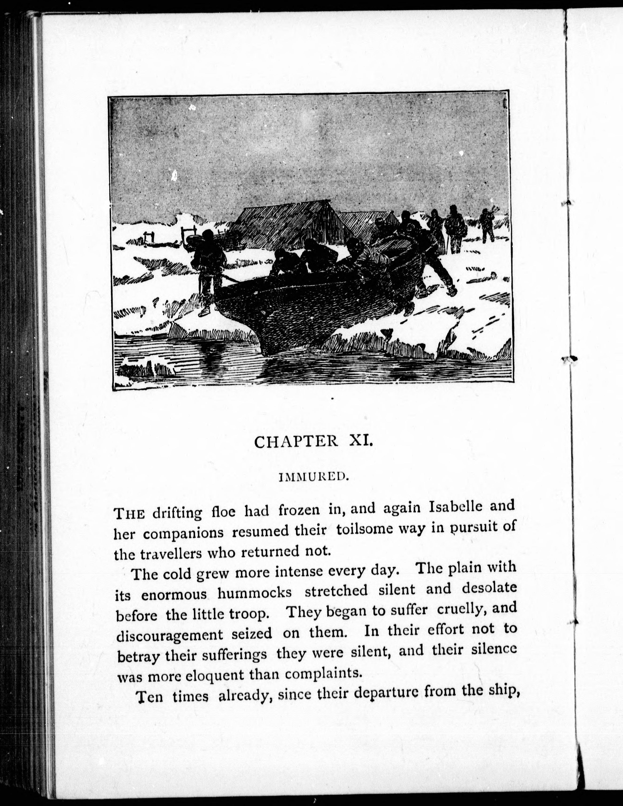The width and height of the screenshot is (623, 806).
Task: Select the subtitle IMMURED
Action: [x=313, y=477]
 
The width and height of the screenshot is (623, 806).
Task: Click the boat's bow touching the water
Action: [x=273, y=347]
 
